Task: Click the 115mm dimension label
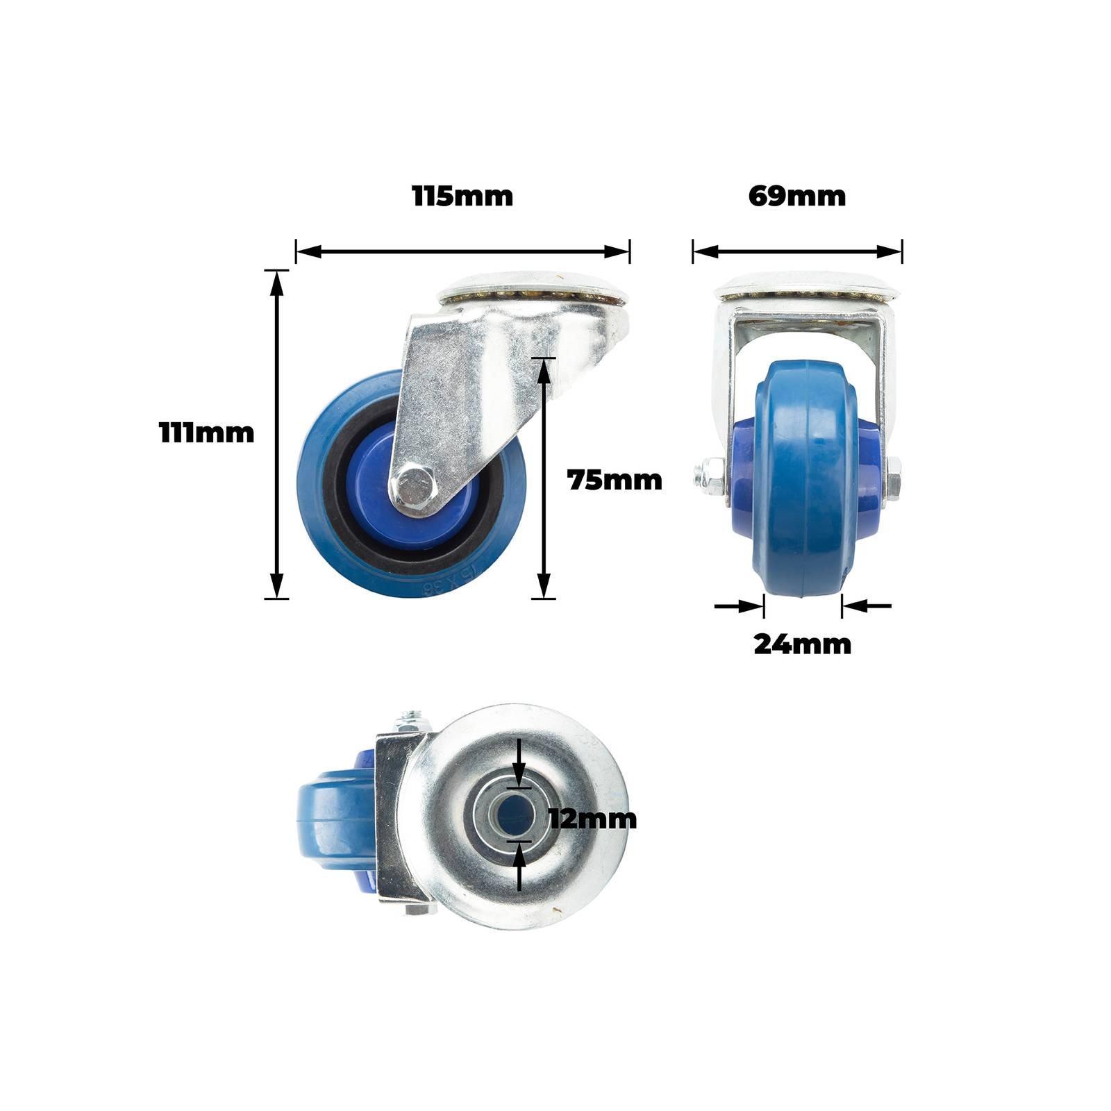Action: pos(462,196)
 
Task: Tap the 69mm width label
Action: pos(797,196)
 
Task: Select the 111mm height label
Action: pos(207,433)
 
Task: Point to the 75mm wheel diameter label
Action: pos(615,480)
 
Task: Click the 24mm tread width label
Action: pos(802,644)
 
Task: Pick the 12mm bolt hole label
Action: pos(592,819)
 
